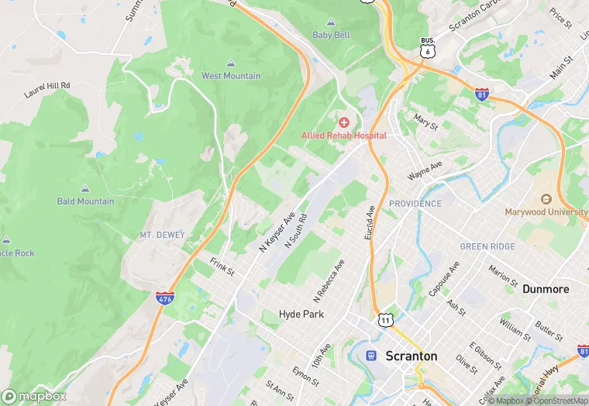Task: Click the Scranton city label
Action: [411, 356]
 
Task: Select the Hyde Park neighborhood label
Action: [301, 315]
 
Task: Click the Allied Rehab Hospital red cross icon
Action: [344, 122]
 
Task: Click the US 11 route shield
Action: [385, 318]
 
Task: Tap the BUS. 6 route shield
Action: [427, 48]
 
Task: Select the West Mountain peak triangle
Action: [231, 64]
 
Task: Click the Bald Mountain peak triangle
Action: [85, 189]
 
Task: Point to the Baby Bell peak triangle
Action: [331, 22]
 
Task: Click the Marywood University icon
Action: [546, 199]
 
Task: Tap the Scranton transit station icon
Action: [372, 356]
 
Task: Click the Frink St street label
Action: [221, 267]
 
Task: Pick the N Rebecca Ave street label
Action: [329, 280]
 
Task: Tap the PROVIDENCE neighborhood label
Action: [415, 204]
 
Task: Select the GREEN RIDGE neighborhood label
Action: [487, 246]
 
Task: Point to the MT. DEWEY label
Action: [160, 234]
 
